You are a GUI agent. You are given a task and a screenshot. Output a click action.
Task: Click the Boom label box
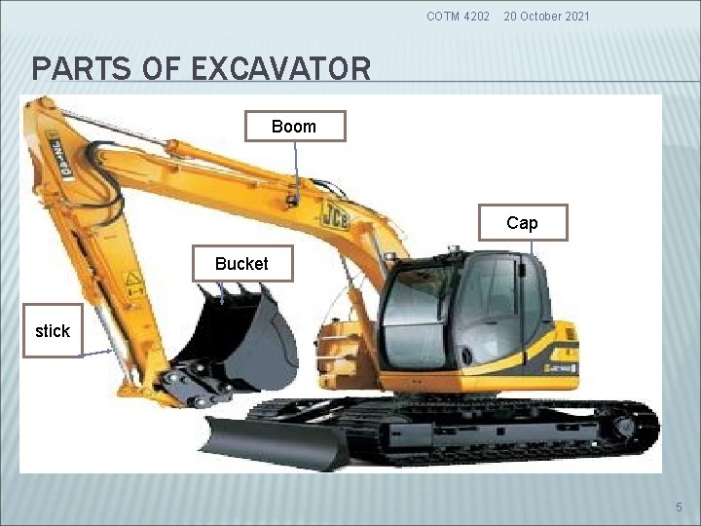293,127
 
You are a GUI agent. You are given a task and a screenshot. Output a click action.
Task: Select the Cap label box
522,223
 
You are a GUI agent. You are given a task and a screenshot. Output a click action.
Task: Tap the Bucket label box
241,264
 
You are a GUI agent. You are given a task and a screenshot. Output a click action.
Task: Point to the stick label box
53,331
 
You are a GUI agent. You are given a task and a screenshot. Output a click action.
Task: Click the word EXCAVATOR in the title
281,69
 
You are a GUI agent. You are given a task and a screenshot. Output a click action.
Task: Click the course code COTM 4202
459,17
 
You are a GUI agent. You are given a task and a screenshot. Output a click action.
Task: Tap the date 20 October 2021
547,17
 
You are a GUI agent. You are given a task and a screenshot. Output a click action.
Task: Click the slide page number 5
679,507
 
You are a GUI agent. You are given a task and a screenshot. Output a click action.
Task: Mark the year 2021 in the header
575,17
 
